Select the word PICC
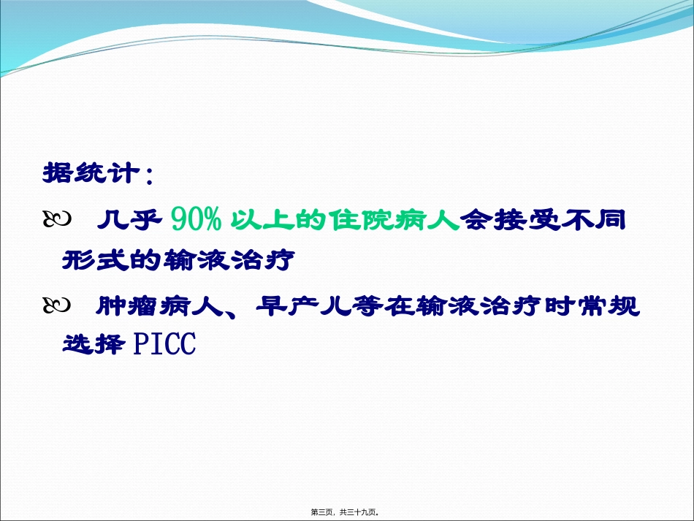point(165,344)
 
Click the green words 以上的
point(276,218)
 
